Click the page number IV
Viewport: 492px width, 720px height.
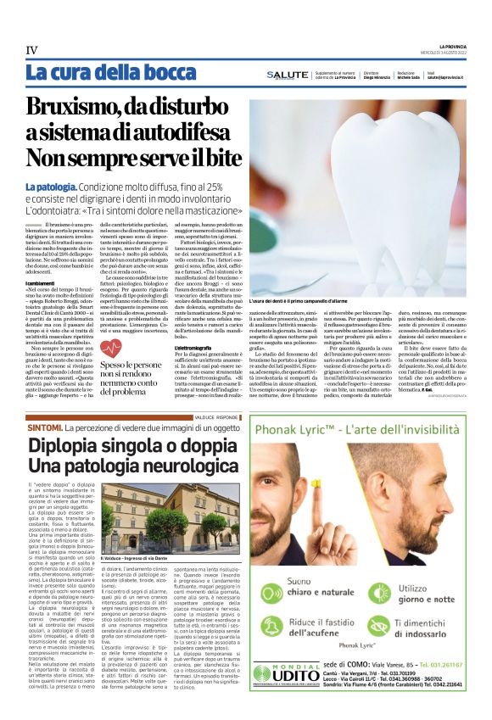(31, 50)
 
